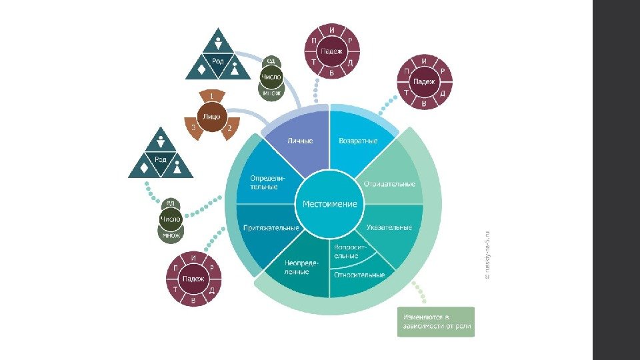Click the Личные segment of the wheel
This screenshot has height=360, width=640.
(x=299, y=141)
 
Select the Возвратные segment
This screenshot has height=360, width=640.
(x=358, y=141)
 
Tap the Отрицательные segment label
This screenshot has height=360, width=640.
(x=389, y=183)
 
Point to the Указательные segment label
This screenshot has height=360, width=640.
(x=389, y=227)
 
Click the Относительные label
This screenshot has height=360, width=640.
(x=359, y=275)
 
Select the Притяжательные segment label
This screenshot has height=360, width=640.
(x=271, y=227)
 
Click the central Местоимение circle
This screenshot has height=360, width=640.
(x=329, y=204)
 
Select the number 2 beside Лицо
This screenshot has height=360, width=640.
(x=229, y=127)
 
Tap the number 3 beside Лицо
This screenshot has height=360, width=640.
(x=193, y=127)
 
